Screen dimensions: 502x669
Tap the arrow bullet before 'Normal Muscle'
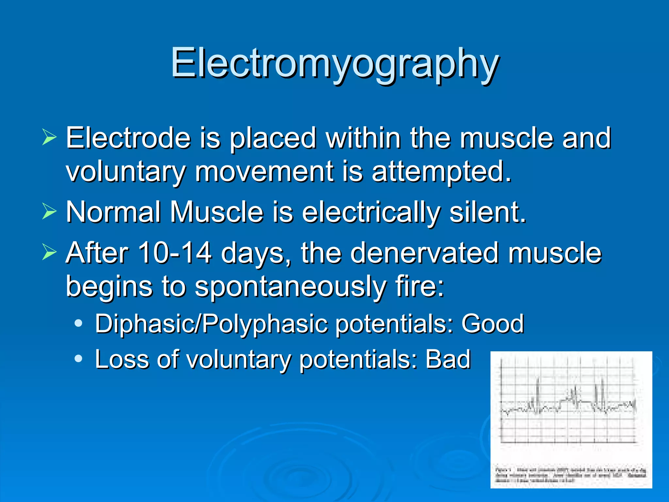point(49,211)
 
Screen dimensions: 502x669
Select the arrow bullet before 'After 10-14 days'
point(49,253)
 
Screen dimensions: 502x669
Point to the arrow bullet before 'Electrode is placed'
point(49,137)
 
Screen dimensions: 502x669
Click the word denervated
point(425,253)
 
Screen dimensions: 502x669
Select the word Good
point(492,324)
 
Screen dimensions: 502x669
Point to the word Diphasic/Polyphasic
point(211,324)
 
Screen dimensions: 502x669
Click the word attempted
point(441,172)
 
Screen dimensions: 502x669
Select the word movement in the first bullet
point(264,172)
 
